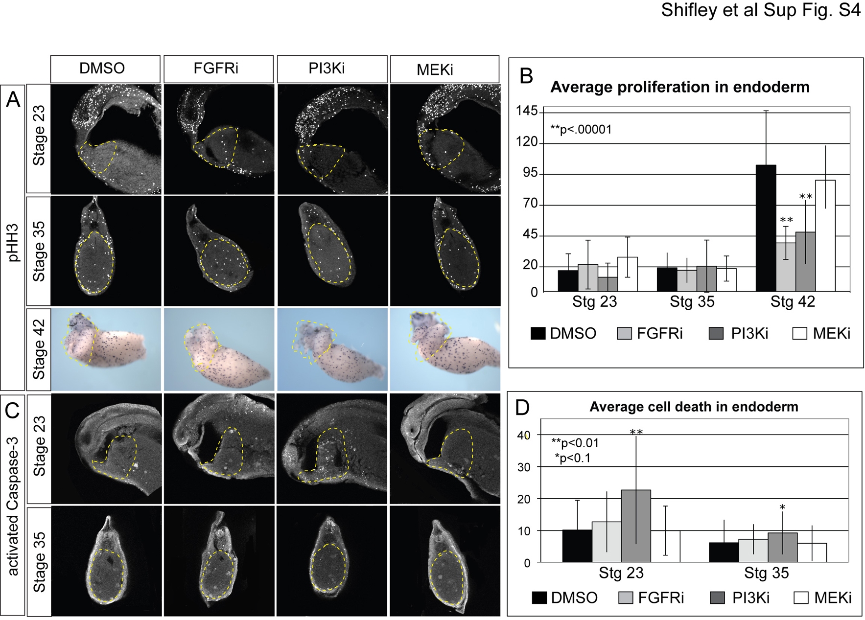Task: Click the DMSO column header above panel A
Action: (x=105, y=69)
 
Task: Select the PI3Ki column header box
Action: (x=332, y=69)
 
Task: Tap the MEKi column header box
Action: (x=444, y=69)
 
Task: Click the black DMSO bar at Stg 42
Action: (x=766, y=228)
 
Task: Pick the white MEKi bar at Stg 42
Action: (x=825, y=236)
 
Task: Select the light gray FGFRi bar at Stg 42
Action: (x=786, y=267)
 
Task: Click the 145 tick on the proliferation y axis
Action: (x=527, y=112)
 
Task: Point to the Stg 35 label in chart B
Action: (x=692, y=302)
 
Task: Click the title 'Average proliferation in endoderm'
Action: (x=679, y=87)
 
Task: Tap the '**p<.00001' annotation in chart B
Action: (x=581, y=130)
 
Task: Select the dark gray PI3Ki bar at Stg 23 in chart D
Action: (x=636, y=526)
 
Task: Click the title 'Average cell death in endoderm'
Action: (x=694, y=407)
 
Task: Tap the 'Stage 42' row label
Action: (x=39, y=349)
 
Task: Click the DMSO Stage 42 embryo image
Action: (x=106, y=349)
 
